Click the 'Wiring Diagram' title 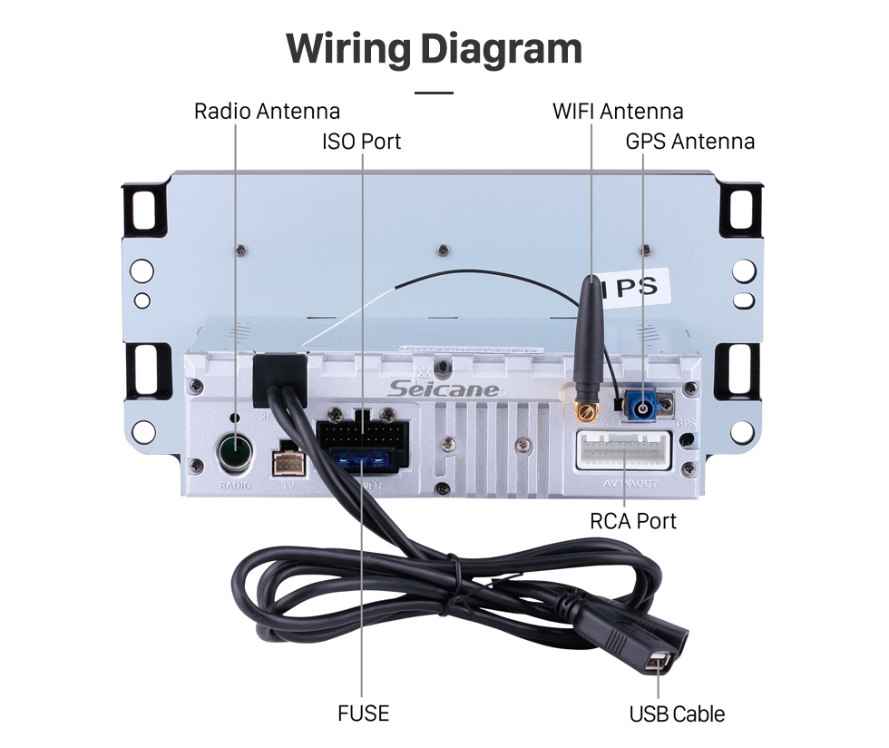click(435, 48)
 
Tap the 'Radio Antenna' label click(267, 112)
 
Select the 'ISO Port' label click(361, 142)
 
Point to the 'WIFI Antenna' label click(618, 112)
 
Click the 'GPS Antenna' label click(689, 142)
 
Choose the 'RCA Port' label click(632, 521)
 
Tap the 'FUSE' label click(363, 714)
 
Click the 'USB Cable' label click(677, 714)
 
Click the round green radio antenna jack click(236, 451)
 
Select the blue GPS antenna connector click(647, 406)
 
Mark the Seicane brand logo click(444, 389)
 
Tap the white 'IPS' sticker click(636, 287)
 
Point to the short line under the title click(435, 93)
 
